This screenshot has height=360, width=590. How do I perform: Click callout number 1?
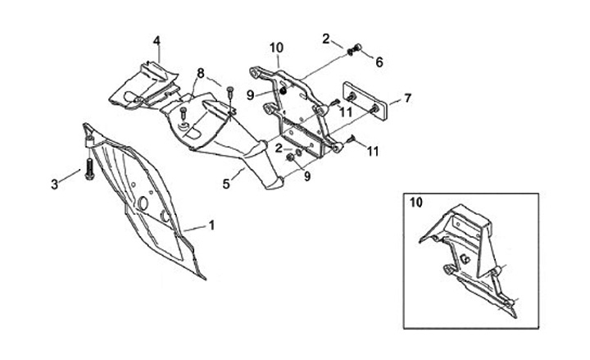(x=212, y=224)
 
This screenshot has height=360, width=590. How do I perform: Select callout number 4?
(x=157, y=41)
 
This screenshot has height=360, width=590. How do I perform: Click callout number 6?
(x=379, y=61)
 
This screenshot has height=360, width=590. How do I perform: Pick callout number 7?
(x=407, y=98)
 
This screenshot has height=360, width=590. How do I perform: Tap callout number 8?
(x=200, y=73)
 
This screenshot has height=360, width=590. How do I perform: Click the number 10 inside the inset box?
(x=417, y=202)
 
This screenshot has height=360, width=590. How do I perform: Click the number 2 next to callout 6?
(x=326, y=38)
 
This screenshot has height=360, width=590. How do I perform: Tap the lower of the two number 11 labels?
(x=373, y=151)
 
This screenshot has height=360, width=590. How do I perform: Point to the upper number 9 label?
(x=252, y=95)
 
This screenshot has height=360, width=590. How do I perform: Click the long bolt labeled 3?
(x=87, y=174)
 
